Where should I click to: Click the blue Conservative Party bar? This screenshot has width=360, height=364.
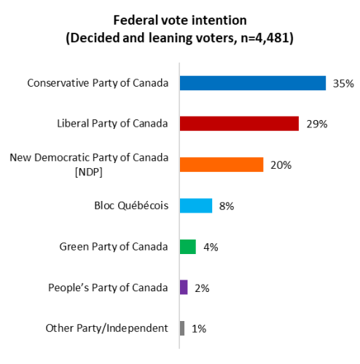(252, 83)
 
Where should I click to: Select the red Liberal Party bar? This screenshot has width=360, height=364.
(239, 124)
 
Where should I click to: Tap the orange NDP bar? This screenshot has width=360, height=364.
(221, 165)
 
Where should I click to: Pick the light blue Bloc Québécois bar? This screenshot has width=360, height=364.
(195, 206)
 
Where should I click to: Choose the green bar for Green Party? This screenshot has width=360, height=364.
(187, 247)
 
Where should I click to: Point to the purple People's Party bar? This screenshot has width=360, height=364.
(184, 288)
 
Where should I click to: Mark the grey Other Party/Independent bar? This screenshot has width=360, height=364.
(182, 328)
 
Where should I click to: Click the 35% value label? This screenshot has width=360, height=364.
(343, 84)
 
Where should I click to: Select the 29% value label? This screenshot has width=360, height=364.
(317, 124)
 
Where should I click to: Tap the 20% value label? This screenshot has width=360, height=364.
(281, 165)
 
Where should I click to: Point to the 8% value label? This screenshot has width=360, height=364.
(226, 207)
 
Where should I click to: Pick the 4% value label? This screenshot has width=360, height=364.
(211, 248)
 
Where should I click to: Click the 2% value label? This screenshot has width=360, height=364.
(202, 288)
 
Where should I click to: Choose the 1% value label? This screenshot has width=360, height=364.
(198, 329)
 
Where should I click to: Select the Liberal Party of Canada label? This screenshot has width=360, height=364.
(112, 124)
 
